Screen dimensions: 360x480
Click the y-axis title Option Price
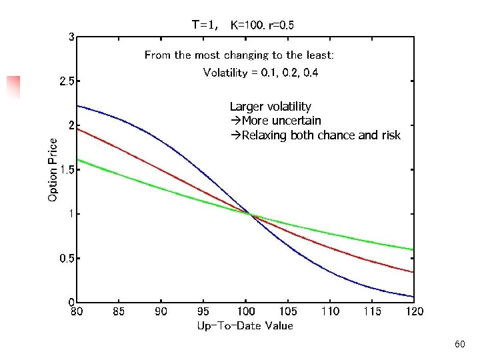pos(53,169)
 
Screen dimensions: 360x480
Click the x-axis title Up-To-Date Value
pos(245,325)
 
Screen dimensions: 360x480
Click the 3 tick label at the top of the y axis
pos(71,37)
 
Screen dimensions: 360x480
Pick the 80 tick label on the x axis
pos(77,311)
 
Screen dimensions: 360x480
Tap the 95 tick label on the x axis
pos(203,311)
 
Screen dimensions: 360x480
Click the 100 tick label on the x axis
pos(245,311)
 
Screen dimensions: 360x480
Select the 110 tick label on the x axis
pos(330,311)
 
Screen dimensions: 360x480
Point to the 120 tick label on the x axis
pos(414,311)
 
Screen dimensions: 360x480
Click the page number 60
pos(459,344)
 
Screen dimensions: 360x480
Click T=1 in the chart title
pos(205,25)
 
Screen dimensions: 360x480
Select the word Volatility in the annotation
pos(224,72)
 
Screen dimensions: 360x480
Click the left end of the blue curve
pos(78,105)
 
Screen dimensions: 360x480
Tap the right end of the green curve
pos(413,249)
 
